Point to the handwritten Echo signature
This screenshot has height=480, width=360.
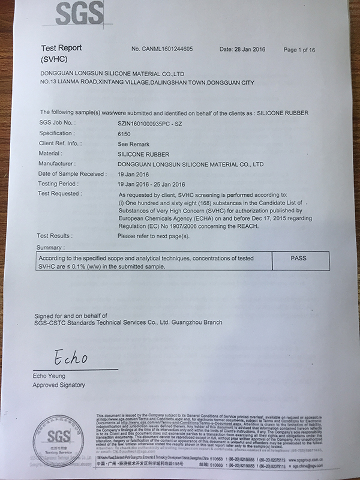70,358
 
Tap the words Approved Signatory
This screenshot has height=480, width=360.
59,385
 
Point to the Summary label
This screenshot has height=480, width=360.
50,247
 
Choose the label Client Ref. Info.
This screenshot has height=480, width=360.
61,143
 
